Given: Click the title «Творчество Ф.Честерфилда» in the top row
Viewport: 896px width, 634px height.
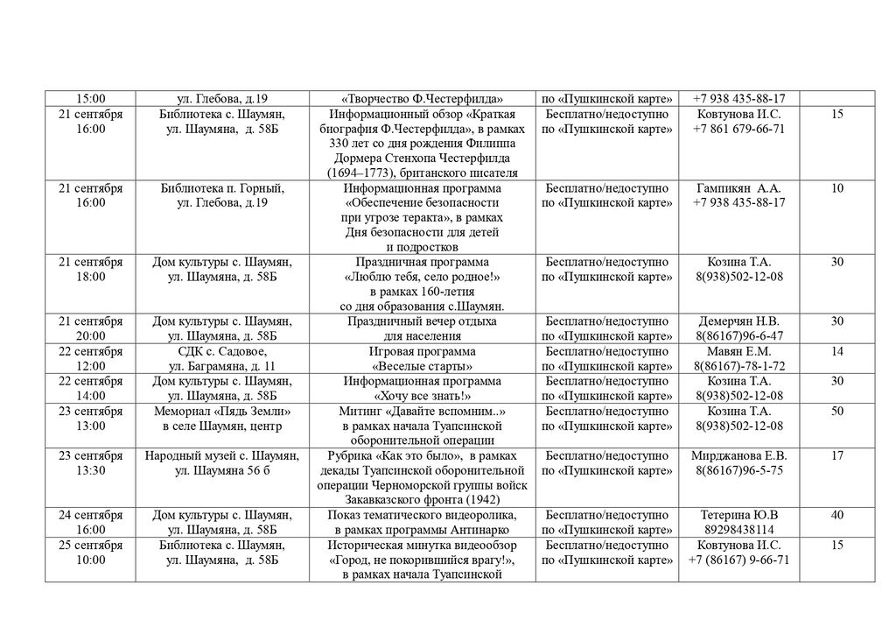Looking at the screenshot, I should (423, 99).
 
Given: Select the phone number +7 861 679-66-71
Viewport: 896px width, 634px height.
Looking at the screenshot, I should (739, 129).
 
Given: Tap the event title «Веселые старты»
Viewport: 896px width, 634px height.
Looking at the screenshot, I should (423, 366).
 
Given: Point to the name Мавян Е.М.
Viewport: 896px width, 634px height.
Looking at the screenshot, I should (739, 351).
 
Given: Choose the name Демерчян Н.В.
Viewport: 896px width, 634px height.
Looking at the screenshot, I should (739, 321).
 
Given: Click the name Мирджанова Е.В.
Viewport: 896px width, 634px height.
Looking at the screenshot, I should (739, 456).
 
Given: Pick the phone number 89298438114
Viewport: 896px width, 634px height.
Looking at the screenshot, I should (739, 531).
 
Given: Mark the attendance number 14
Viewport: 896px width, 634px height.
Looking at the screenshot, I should (836, 351).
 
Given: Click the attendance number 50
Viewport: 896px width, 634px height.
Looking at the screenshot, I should (836, 412).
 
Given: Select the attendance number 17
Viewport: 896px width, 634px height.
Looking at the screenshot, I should (836, 456).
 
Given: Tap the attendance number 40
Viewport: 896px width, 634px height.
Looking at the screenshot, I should (836, 516).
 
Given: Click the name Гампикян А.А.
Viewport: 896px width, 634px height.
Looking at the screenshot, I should (739, 188).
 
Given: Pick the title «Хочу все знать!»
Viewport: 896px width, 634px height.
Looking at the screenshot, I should (423, 396).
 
